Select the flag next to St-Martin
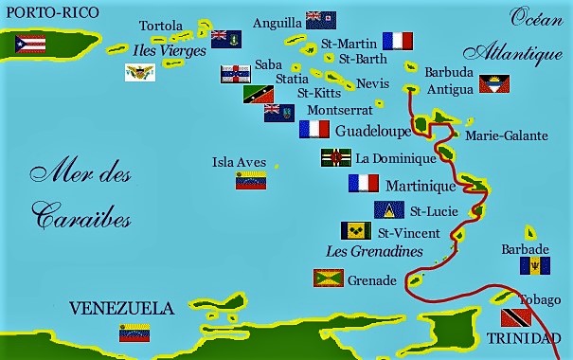[x=398, y=41]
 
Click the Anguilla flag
[x=320, y=19]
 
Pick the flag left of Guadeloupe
[x=314, y=130]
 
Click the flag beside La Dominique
[x=335, y=157]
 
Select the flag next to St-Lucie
[x=389, y=210]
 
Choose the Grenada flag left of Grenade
[x=328, y=279]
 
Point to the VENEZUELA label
[x=122, y=308]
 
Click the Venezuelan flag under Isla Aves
[x=251, y=181]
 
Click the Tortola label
[x=161, y=26]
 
